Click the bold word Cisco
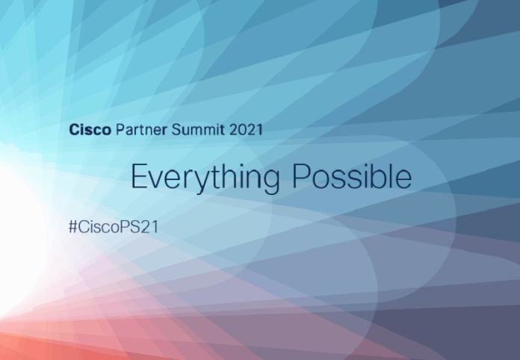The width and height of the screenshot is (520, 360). [90, 129]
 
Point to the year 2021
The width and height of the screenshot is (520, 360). [246, 129]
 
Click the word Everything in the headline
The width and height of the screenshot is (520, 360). [205, 178]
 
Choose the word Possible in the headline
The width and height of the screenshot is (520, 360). [351, 176]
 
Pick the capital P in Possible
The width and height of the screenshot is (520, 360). [299, 176]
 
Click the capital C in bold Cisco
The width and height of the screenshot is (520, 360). [74, 129]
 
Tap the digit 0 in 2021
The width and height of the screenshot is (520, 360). [240, 129]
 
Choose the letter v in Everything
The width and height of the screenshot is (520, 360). [158, 179]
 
